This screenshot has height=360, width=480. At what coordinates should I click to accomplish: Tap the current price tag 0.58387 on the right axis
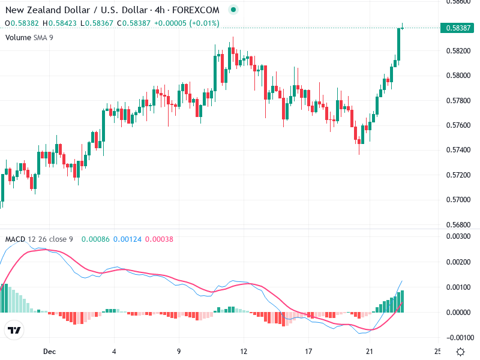458,28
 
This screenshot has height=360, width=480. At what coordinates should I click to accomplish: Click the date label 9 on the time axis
179,351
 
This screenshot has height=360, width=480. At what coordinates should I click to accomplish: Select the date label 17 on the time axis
308,351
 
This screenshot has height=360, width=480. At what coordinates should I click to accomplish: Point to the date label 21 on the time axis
373,351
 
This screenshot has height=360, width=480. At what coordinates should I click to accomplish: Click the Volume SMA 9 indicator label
29,37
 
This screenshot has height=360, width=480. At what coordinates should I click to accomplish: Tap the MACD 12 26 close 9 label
39,239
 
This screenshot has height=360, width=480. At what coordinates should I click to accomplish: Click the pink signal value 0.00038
159,239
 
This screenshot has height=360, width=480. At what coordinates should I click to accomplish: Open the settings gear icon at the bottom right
460,352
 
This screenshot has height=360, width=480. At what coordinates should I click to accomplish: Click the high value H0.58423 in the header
59,23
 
